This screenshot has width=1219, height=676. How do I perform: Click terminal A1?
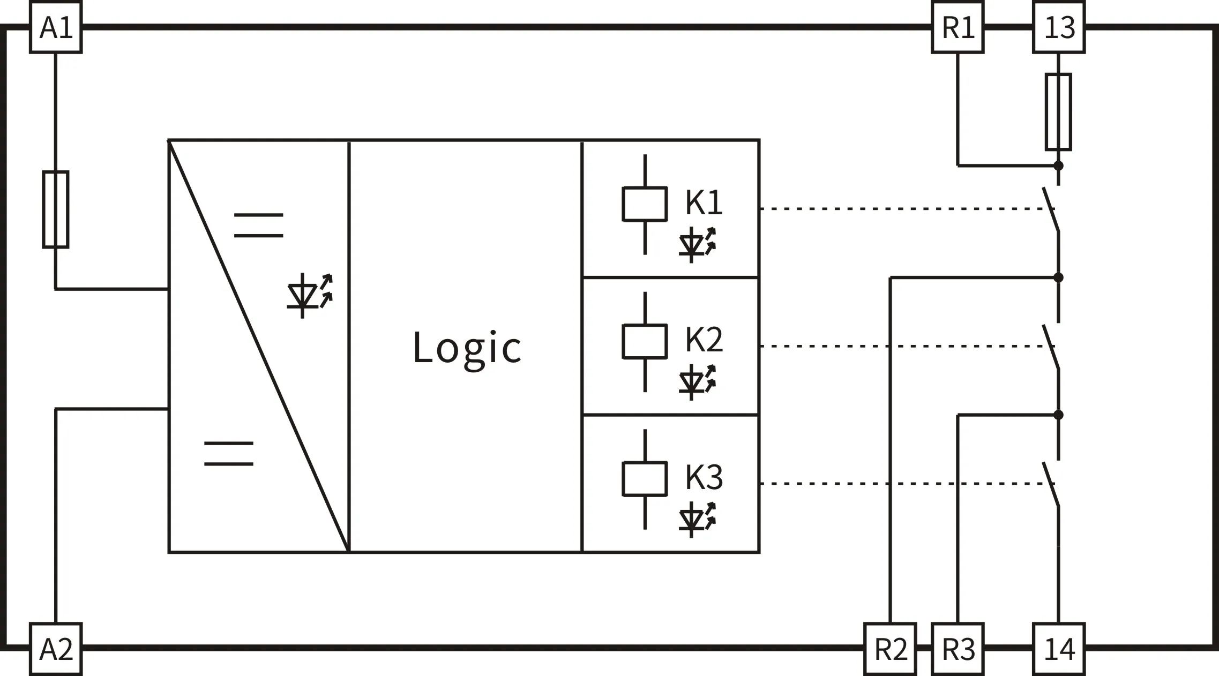(56, 27)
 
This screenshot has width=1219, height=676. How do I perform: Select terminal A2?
(56, 648)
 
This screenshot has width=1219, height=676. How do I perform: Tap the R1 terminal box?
(958, 27)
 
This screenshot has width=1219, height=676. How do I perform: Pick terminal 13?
(1059, 27)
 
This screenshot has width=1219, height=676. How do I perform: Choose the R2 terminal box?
(890, 648)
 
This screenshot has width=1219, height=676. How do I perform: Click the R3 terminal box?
(958, 648)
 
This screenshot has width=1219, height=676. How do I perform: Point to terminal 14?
(1059, 648)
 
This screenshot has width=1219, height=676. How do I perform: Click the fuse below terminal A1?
(56, 209)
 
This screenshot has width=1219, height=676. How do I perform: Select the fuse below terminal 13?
(1058, 111)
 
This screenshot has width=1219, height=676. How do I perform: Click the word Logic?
(466, 348)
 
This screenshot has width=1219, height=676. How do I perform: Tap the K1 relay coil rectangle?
(645, 204)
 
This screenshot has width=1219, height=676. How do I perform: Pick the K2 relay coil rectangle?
(645, 341)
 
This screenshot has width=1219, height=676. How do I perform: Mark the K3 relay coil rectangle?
(645, 478)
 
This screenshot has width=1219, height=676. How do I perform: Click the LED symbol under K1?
(697, 245)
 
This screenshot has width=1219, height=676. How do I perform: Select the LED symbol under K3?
(697, 520)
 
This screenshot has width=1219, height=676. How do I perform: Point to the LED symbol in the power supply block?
(310, 296)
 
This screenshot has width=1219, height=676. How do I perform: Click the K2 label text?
(704, 339)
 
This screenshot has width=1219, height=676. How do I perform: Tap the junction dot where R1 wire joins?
(1058, 166)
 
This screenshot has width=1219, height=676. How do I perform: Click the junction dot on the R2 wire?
(1058, 277)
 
